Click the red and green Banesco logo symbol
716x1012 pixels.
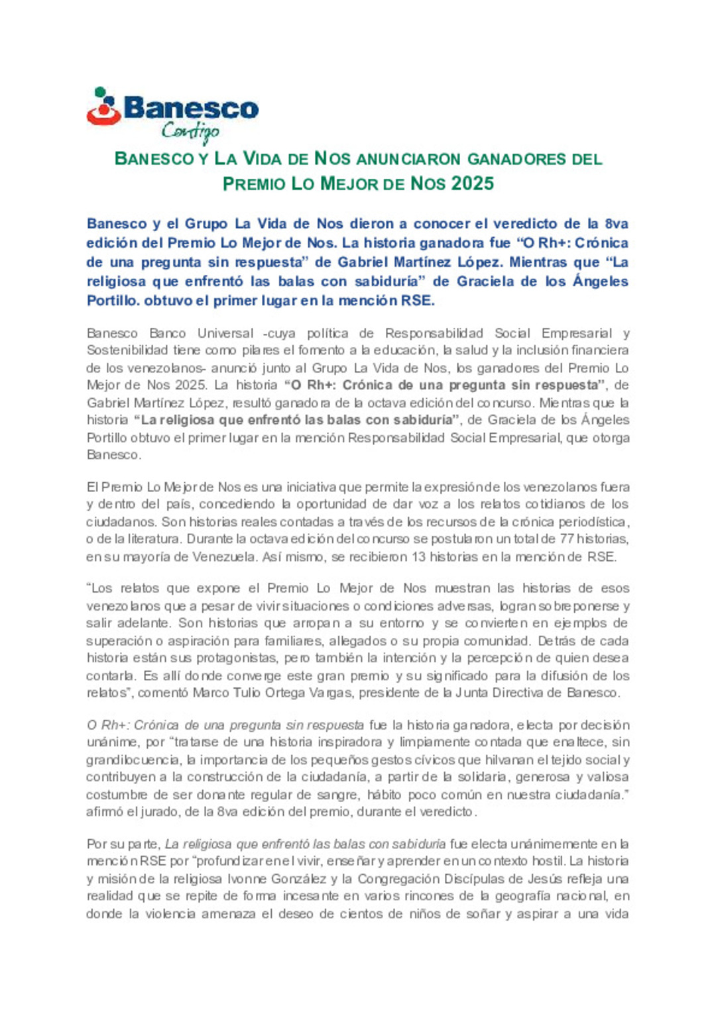103,107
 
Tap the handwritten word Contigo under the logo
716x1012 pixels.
190,131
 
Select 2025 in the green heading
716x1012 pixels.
472,183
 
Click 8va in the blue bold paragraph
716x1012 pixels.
617,224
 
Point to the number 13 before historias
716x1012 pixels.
418,557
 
